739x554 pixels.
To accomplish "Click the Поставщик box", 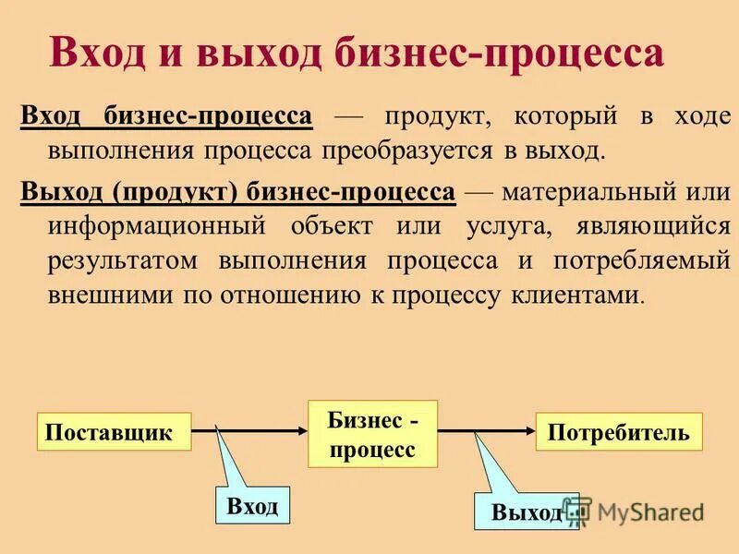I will click(115, 432).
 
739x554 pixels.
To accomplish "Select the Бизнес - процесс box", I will click(371, 435).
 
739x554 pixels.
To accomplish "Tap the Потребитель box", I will click(619, 432).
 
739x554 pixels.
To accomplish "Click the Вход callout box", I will click(252, 506).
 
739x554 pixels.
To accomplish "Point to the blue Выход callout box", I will click(523, 512).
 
